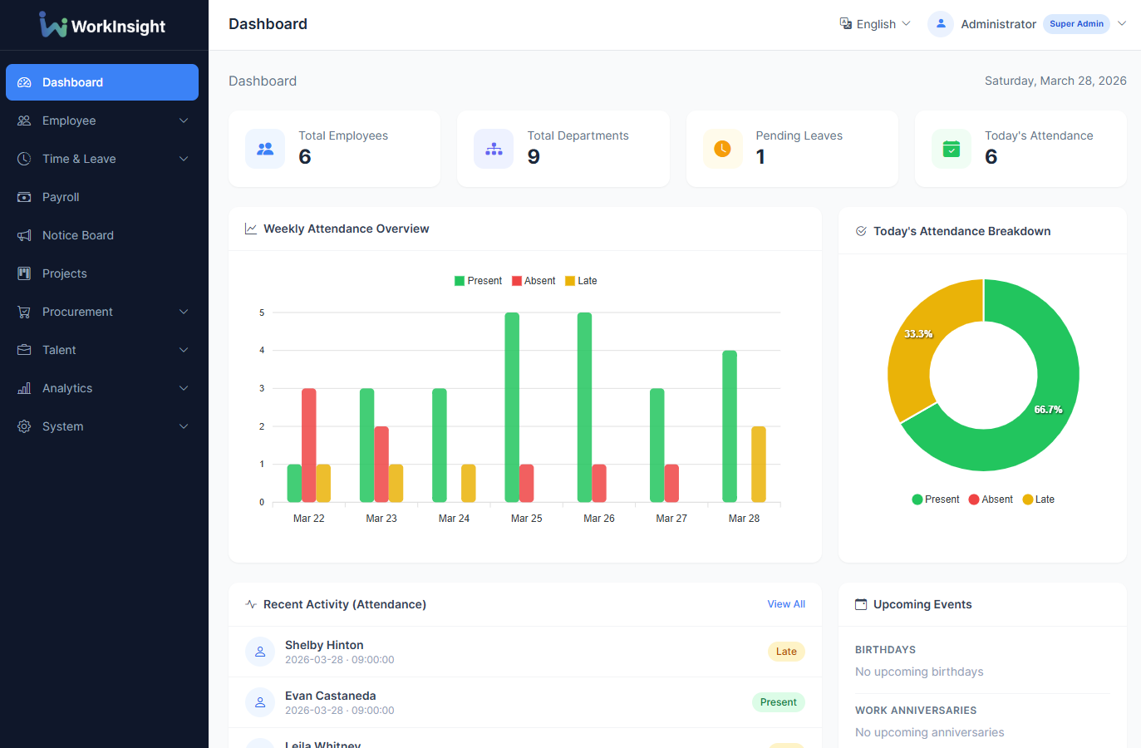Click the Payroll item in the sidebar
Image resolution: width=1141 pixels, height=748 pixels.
(x=61, y=197)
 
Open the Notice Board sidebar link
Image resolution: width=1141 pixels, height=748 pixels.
(x=77, y=235)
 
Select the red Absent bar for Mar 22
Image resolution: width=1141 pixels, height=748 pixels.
(x=309, y=445)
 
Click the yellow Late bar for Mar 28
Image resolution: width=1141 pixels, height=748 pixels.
(x=758, y=465)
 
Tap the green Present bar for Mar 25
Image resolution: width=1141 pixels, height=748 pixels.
(x=512, y=407)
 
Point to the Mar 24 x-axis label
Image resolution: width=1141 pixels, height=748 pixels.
(x=454, y=519)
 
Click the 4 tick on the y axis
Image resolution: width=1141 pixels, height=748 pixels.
(x=262, y=351)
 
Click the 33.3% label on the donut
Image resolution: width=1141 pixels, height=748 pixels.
(x=918, y=334)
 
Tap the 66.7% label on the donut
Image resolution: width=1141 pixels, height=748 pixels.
(x=1048, y=410)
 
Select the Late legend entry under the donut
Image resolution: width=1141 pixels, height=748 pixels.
(x=1039, y=499)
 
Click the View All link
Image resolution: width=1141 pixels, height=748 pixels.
(x=785, y=604)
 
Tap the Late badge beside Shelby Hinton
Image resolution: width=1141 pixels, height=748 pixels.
(x=786, y=652)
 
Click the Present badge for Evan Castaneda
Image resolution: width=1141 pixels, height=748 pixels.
(x=778, y=702)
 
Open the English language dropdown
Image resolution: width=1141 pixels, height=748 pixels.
(x=875, y=24)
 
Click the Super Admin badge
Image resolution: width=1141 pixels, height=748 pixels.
(x=1076, y=24)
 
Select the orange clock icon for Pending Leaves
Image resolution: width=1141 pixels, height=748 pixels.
(x=722, y=149)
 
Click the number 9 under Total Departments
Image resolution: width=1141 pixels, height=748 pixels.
(x=534, y=156)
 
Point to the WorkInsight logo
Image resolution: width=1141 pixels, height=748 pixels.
(x=102, y=25)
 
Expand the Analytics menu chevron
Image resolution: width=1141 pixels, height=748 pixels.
(x=184, y=388)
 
